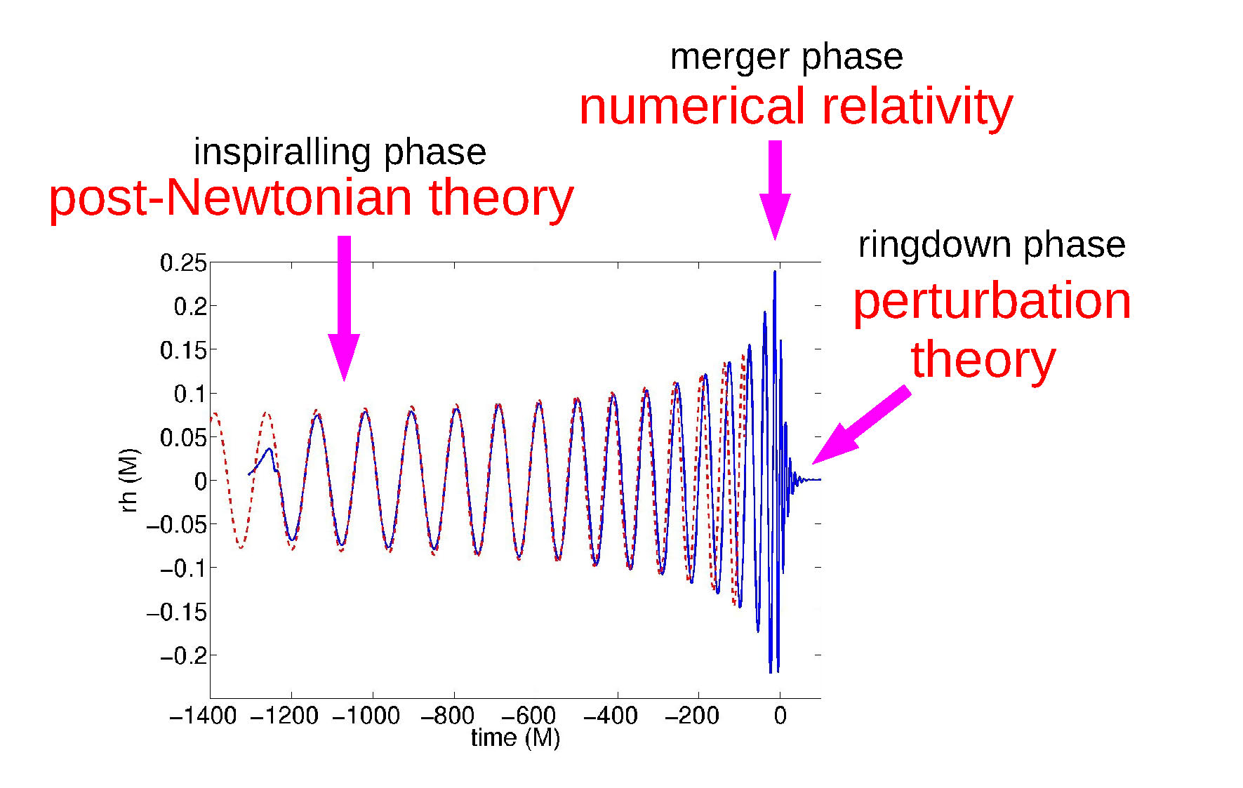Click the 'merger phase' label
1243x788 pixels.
786,58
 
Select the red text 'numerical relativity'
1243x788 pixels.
796,107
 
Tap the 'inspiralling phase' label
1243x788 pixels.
340,153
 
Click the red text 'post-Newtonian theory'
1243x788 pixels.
311,198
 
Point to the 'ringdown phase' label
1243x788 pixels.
992,246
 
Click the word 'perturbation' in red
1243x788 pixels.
992,302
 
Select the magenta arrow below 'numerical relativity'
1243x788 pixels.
775,190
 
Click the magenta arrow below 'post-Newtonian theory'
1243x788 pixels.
344,308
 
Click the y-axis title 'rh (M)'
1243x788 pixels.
131,481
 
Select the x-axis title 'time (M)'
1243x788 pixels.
515,738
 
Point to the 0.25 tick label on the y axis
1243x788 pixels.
183,264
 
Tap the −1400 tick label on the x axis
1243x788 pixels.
203,716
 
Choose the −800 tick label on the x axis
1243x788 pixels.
447,716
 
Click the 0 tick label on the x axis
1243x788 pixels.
780,716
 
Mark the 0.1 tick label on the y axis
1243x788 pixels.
190,394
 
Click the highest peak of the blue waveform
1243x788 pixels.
775,272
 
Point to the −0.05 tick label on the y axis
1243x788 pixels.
178,525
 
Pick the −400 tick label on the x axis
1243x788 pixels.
610,716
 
